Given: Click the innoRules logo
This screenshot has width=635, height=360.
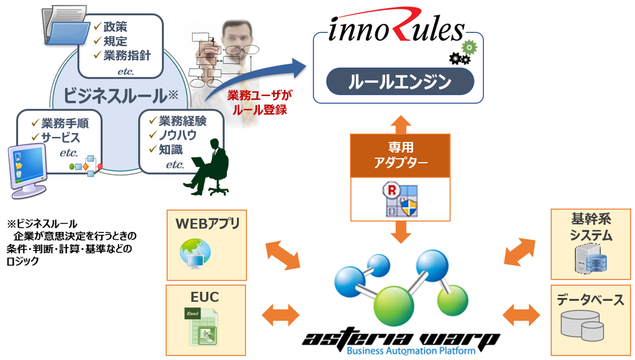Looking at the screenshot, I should coord(396,28).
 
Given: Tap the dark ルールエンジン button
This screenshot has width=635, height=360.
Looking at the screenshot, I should coord(400,82).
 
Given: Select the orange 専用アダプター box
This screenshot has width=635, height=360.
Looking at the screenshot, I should coord(400,155).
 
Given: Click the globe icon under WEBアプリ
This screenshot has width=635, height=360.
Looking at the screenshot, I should coord(195,252).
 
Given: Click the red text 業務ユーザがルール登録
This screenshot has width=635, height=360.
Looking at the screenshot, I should coord(258,102).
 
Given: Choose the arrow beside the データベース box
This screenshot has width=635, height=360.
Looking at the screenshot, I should coord(521,314).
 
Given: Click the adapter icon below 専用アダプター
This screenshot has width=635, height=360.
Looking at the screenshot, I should coord(400,198).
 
